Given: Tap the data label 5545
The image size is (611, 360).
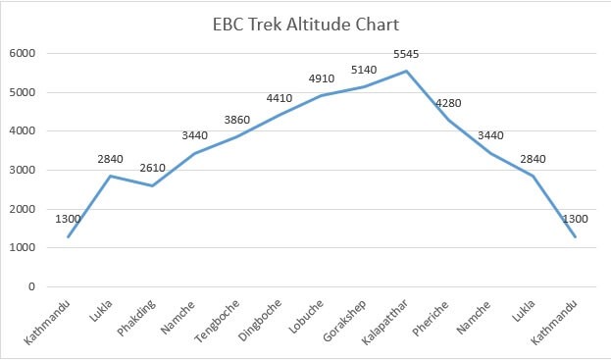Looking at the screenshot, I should coord(406,55).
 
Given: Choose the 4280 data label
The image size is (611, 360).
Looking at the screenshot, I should coord(449,104).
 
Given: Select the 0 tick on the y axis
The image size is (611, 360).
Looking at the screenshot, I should coord(32,287).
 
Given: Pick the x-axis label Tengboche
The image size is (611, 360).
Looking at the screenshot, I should coord(222,318).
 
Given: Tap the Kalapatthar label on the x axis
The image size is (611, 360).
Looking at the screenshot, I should coord(390,319).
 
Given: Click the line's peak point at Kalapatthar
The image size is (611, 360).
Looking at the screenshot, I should coord(406,71).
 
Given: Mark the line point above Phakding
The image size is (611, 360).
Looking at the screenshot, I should coord(153,185).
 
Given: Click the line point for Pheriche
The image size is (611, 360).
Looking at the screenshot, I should coord(449,120).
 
